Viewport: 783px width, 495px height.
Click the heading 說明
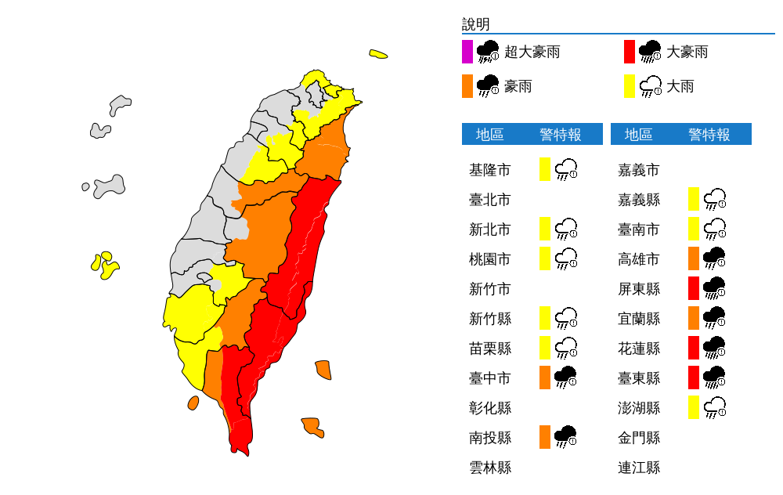(475, 24)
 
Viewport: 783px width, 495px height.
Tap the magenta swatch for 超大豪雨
(467, 52)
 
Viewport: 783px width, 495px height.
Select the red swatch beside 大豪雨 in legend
(629, 52)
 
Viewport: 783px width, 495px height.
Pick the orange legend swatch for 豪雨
(467, 86)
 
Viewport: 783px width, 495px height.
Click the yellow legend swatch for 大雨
(629, 86)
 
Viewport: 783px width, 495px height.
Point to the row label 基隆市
(489, 170)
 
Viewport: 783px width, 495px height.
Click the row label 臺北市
(489, 200)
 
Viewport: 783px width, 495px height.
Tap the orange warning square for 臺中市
(545, 378)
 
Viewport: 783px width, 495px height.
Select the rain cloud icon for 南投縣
(565, 437)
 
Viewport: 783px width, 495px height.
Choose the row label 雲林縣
(489, 468)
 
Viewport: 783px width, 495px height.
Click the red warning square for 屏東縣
(694, 288)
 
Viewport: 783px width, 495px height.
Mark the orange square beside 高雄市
(694, 258)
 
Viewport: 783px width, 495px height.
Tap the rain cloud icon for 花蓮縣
(714, 349)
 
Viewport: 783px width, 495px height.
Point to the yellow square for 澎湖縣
(694, 407)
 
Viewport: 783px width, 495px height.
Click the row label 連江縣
(639, 468)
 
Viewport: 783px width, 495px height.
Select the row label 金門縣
(639, 437)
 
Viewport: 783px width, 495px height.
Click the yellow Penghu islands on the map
(103, 265)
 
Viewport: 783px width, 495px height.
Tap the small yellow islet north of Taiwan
(378, 54)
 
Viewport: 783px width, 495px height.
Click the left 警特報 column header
(561, 135)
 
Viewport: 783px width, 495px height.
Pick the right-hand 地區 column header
(639, 135)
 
